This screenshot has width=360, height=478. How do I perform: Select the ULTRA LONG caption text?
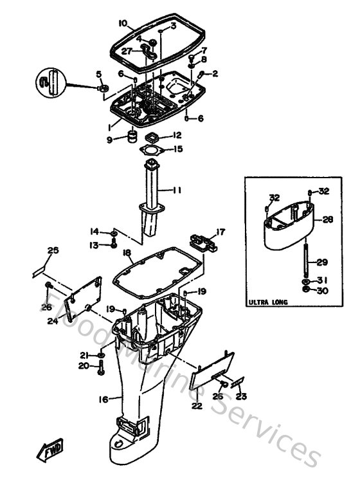click(267, 302)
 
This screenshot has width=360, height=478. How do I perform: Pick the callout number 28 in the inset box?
click(327, 219)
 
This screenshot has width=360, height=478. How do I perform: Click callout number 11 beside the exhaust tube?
click(177, 190)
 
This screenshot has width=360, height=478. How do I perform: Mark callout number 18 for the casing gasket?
click(127, 253)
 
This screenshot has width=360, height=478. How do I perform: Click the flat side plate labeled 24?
click(85, 293)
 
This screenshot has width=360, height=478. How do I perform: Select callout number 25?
click(52, 250)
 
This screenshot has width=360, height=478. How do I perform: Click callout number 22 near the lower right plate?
click(197, 405)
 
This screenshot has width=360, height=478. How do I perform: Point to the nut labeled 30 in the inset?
click(304, 290)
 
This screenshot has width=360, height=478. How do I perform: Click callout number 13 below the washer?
click(94, 245)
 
